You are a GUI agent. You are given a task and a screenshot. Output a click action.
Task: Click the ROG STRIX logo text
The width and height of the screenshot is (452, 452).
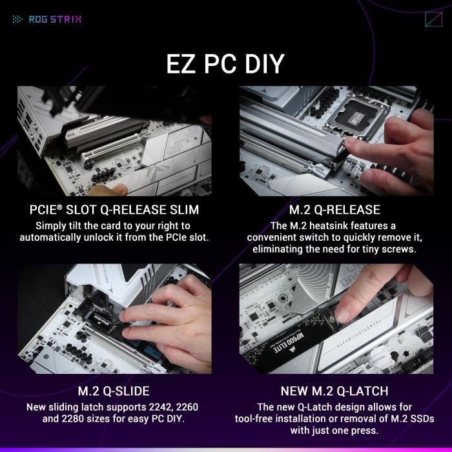click(x=55, y=19)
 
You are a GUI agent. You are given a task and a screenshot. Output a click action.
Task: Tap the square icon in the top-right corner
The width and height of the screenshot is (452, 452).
click(x=433, y=19)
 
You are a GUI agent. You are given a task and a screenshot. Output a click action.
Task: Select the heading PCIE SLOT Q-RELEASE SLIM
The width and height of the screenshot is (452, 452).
click(x=114, y=210)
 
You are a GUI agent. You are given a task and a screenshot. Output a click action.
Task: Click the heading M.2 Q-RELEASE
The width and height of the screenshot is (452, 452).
click(x=334, y=210)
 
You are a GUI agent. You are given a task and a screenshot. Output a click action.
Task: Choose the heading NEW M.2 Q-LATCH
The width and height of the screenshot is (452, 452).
click(x=334, y=391)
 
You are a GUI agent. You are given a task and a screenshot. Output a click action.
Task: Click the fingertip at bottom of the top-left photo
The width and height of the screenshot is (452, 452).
click(x=107, y=189)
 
